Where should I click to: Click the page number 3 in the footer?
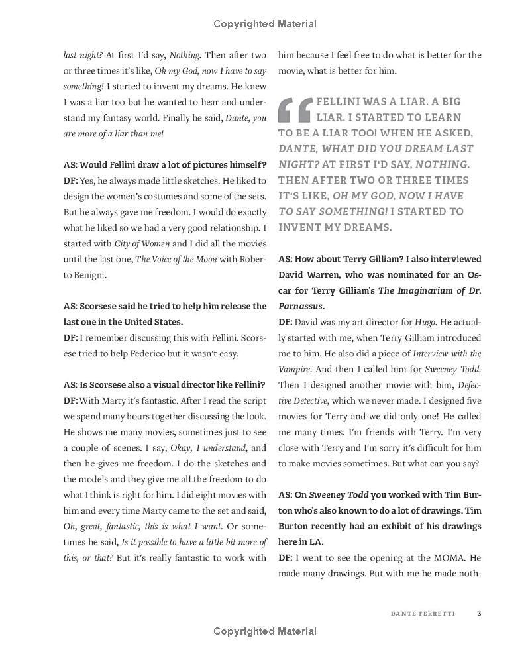click(479, 613)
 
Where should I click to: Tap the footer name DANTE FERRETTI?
click(423, 613)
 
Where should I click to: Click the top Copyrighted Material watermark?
click(265, 24)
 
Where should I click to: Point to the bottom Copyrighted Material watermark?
click(265, 631)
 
